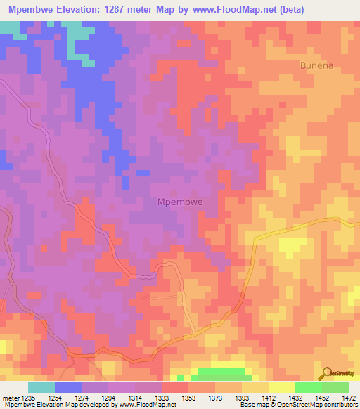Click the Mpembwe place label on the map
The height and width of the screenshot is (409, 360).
coord(179,202)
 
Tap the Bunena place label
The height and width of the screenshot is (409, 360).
coord(317,65)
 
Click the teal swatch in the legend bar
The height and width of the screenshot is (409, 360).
coord(41,387)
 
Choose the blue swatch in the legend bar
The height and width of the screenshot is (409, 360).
coord(68,387)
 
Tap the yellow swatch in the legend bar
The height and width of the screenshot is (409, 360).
coord(282,387)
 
